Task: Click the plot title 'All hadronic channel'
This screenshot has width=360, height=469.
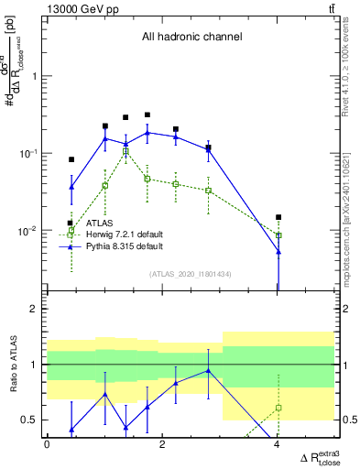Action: (191, 38)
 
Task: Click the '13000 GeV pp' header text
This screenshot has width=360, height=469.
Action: (78, 8)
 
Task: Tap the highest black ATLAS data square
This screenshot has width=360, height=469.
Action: (147, 115)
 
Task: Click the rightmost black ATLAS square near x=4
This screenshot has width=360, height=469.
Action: (278, 217)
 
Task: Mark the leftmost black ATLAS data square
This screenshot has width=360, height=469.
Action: (71, 159)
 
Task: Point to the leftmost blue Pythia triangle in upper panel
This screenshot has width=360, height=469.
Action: (71, 187)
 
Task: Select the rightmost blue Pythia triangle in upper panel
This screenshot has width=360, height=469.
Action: (278, 251)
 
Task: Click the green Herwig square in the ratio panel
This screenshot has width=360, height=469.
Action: (278, 407)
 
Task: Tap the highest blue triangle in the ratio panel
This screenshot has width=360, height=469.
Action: (209, 371)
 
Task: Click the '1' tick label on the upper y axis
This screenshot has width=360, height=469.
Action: (36, 76)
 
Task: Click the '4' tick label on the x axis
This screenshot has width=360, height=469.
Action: (278, 444)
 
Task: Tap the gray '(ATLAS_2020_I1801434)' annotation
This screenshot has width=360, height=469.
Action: (191, 274)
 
